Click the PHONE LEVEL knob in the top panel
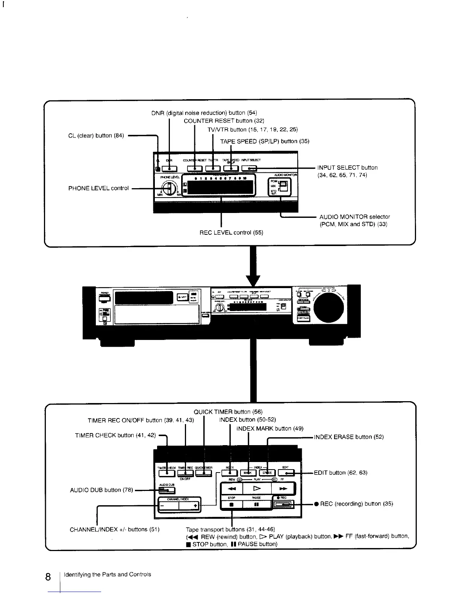[170, 188]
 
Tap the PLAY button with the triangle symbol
[257, 489]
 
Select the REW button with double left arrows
[232, 489]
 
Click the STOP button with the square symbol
[232, 504]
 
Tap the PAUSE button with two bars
[257, 504]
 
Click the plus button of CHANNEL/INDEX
[191, 506]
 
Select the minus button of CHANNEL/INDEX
[168, 506]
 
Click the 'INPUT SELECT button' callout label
[347, 168]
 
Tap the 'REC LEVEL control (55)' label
[231, 233]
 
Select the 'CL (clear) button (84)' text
[96, 136]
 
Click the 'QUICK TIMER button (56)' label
[228, 412]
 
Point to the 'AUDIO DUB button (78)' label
[101, 490]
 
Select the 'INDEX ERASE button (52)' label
[349, 437]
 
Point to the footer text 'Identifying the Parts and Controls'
[107, 574]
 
